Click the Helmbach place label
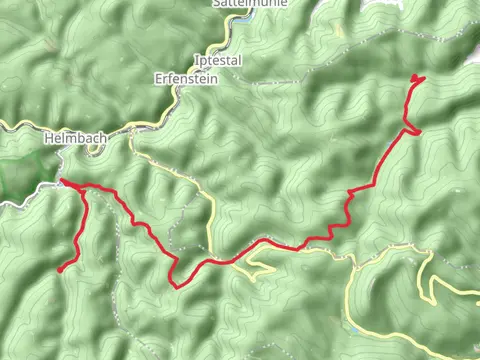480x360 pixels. tap(70, 138)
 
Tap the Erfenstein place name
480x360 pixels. tap(184, 77)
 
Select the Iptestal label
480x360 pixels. tap(217, 60)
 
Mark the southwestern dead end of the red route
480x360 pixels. tap(60, 269)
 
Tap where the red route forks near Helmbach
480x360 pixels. tap(80, 188)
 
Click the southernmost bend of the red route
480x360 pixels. tap(176, 285)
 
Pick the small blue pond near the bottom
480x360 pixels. tap(352, 327)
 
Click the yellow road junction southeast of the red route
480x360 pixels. tap(354, 266)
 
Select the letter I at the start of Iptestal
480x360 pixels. tap(196, 60)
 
